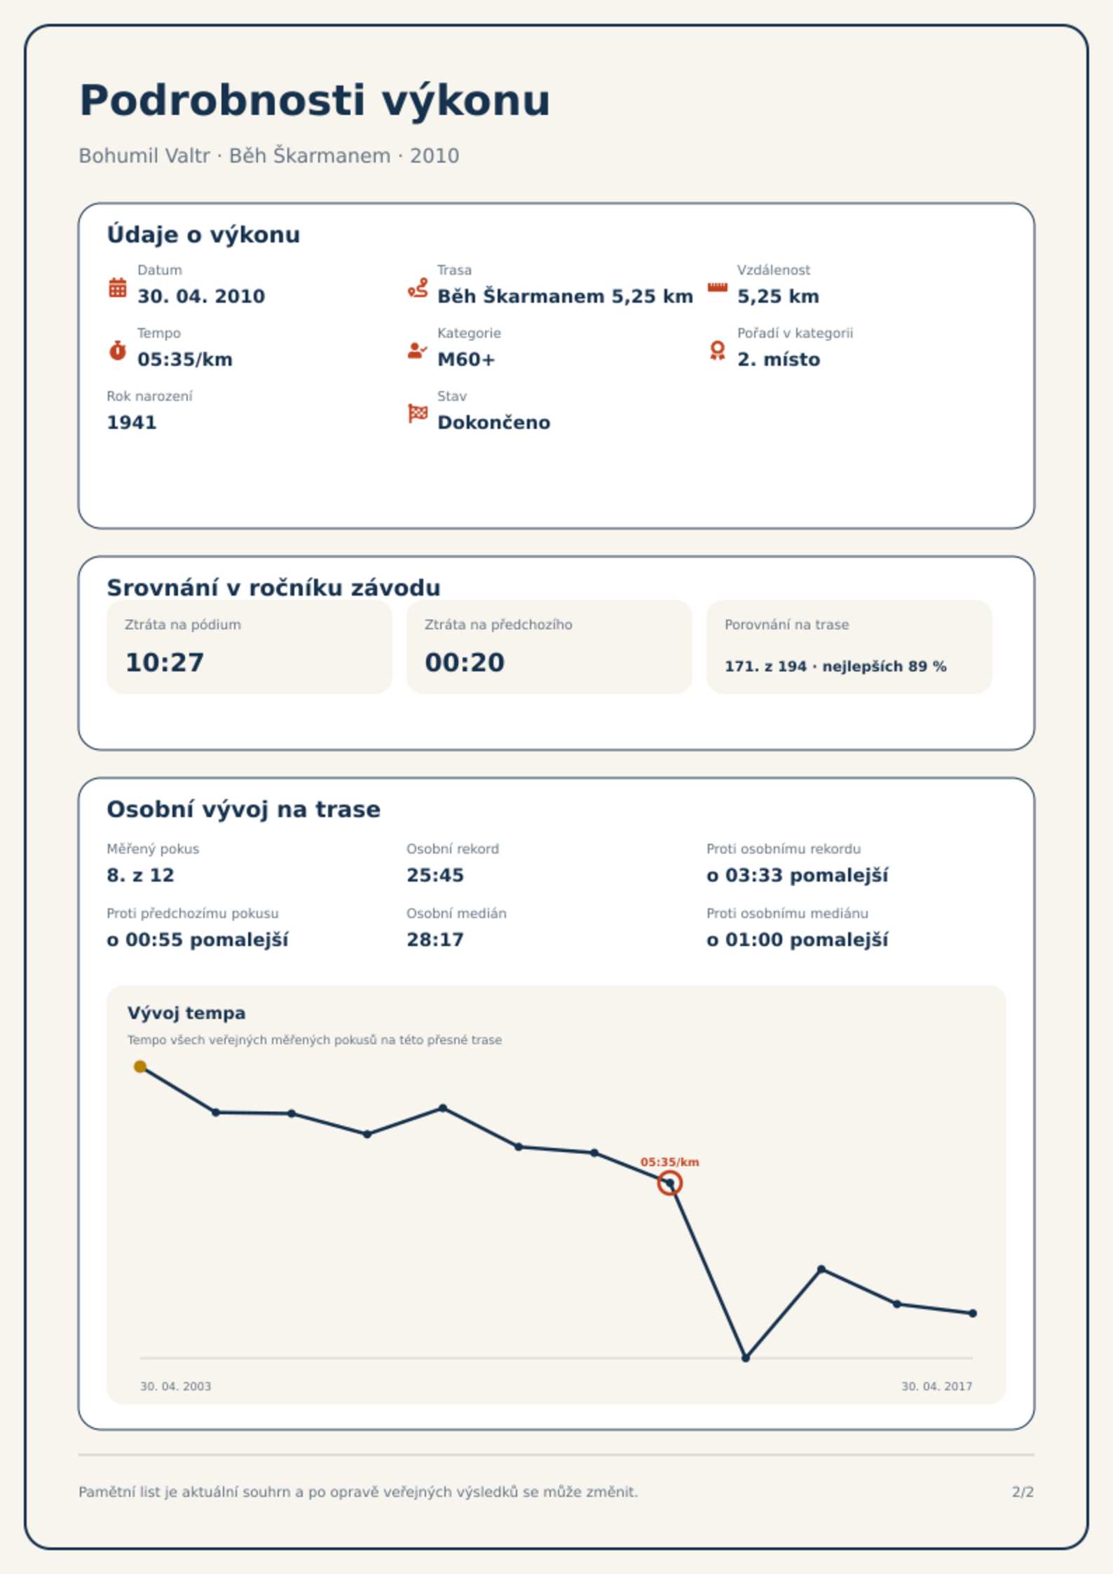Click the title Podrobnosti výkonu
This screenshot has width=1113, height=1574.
pyautogui.click(x=315, y=101)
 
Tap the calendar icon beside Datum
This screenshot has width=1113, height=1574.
pyautogui.click(x=118, y=287)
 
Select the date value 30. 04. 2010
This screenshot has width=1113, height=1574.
pyautogui.click(x=201, y=296)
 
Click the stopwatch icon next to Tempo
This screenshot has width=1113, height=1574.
pyautogui.click(x=118, y=350)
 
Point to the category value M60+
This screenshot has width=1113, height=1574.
pyautogui.click(x=466, y=360)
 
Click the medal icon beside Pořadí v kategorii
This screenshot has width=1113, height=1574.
pyautogui.click(x=717, y=350)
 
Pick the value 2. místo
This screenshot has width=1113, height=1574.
pyautogui.click(x=779, y=360)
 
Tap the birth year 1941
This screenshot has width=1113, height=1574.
pyautogui.click(x=132, y=423)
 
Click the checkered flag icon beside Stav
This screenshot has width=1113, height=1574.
pyautogui.click(x=418, y=413)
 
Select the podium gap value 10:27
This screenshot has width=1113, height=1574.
pyautogui.click(x=165, y=662)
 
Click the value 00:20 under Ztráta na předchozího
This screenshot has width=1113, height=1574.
pyautogui.click(x=465, y=662)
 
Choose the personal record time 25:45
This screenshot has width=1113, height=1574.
pyautogui.click(x=435, y=875)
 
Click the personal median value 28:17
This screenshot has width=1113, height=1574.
pyautogui.click(x=435, y=940)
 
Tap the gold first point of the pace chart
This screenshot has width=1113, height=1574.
pyautogui.click(x=140, y=1067)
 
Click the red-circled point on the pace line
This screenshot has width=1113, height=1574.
pyautogui.click(x=670, y=1184)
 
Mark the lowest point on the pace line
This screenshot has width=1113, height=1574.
pyautogui.click(x=746, y=1357)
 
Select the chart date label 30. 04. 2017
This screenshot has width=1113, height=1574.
pyautogui.click(x=936, y=1386)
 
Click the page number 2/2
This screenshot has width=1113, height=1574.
pyautogui.click(x=1023, y=1492)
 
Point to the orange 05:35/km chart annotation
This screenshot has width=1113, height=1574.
pyautogui.click(x=670, y=1162)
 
